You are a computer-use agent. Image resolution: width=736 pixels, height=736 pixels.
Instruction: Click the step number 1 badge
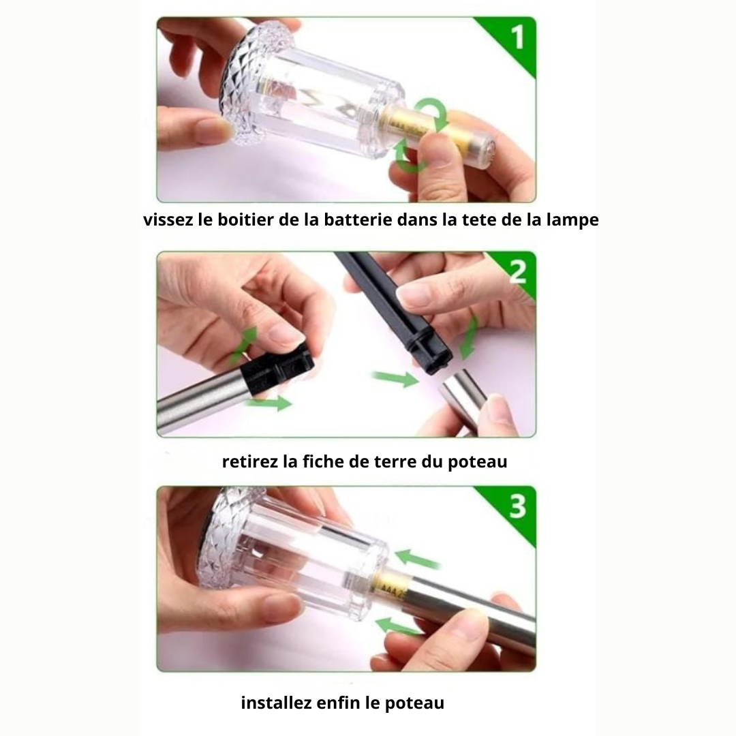tap(516, 37)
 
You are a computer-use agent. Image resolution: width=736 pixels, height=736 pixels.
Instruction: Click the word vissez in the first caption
tap(164, 221)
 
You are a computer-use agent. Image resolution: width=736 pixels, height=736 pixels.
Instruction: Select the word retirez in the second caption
tap(249, 461)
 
